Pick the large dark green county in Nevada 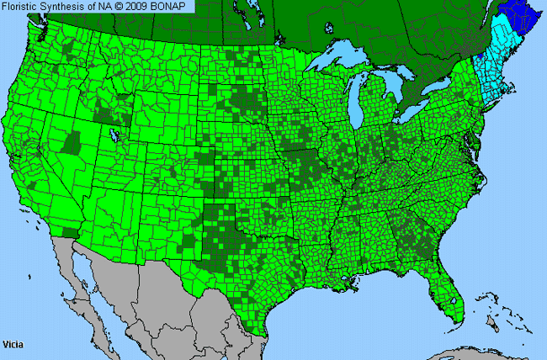coord(72,143)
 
